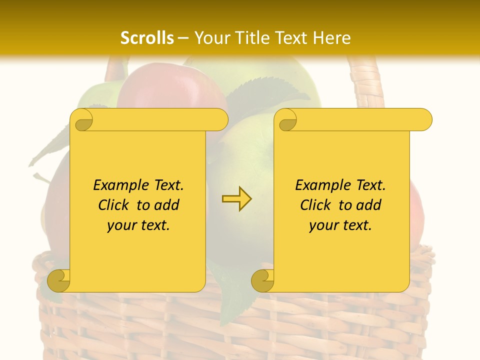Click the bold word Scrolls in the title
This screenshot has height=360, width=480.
147,38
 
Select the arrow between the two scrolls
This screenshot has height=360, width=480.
236,199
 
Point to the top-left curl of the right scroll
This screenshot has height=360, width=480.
287,120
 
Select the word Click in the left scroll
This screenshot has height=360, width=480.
114,205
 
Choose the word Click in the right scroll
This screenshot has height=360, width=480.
316,205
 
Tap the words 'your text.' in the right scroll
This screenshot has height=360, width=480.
340,225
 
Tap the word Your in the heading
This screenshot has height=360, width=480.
211,38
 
